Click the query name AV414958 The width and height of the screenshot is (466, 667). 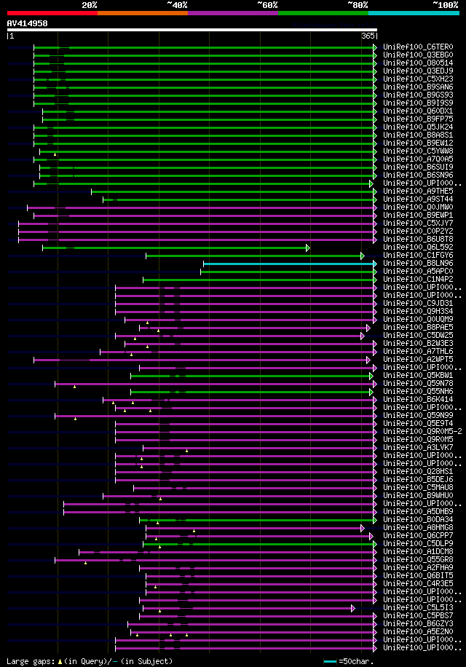(x=27, y=23)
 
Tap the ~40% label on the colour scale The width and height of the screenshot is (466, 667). (x=177, y=4)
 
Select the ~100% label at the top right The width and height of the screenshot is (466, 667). (x=445, y=4)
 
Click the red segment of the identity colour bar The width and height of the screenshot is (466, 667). (x=52, y=13)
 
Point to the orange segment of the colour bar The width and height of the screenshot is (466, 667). (x=142, y=13)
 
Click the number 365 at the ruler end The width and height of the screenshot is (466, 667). (x=368, y=35)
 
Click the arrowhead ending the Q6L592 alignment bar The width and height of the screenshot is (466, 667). (x=309, y=248)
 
